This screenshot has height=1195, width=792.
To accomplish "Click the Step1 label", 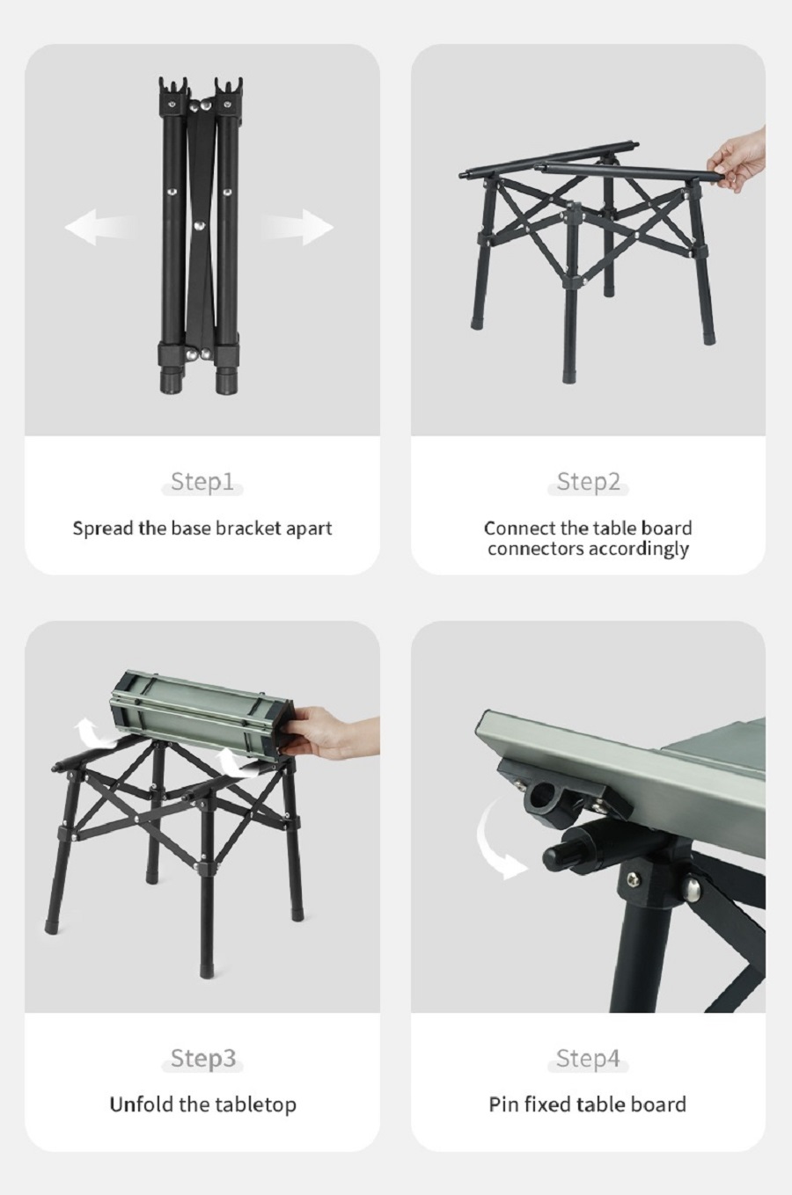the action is tap(202, 481).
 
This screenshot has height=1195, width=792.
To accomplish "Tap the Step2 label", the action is tap(589, 481).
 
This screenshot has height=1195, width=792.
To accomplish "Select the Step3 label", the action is tap(203, 1058).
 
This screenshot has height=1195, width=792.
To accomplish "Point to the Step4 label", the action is tap(588, 1058).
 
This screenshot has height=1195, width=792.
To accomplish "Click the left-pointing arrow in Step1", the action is tap(99, 227).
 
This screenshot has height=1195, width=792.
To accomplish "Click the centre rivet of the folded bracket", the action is tap(199, 225).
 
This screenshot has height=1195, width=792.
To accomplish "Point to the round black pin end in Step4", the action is tap(558, 856).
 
